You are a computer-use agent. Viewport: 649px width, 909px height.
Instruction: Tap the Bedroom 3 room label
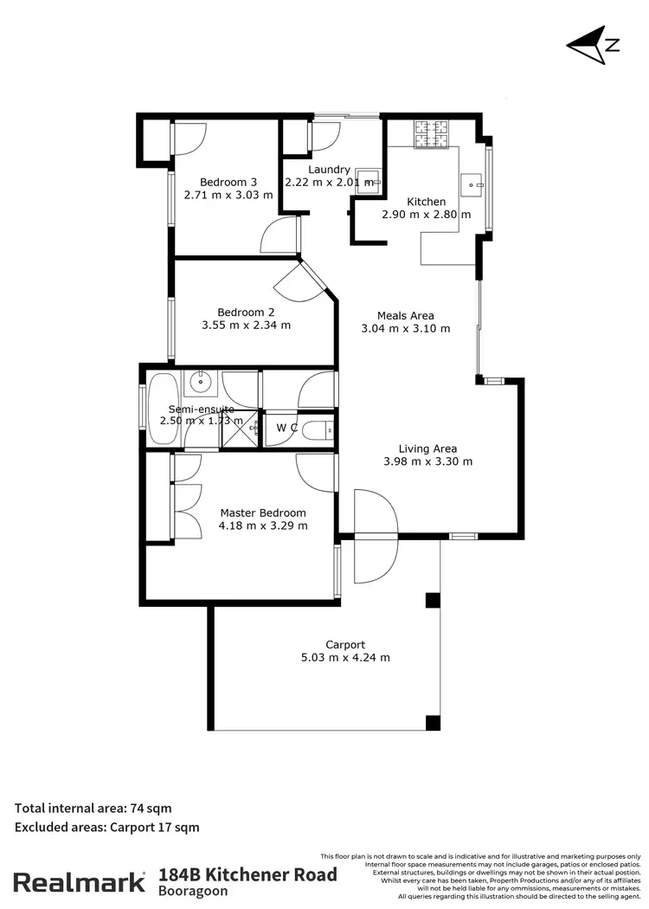click(x=228, y=182)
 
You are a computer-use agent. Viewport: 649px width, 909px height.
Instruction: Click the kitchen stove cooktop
click(x=431, y=132)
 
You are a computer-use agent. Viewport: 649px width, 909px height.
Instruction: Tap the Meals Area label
click(x=405, y=315)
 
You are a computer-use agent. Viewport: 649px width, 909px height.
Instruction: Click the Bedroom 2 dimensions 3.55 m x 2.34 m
click(x=246, y=326)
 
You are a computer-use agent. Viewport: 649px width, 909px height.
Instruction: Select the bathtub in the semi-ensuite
click(x=163, y=409)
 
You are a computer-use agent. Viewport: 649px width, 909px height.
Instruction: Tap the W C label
click(x=286, y=428)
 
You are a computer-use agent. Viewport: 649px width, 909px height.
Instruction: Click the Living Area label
click(x=427, y=448)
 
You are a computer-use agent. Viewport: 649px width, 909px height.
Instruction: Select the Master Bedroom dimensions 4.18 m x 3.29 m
click(x=262, y=525)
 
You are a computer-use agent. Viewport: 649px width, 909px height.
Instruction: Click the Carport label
click(x=344, y=644)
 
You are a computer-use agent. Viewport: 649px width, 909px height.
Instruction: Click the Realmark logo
click(x=79, y=883)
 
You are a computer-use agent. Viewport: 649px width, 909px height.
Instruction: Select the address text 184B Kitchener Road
click(x=247, y=874)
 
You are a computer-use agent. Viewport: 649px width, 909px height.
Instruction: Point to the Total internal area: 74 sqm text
click(x=93, y=808)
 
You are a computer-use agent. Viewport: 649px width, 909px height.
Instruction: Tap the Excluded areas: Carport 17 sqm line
click(x=106, y=827)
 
